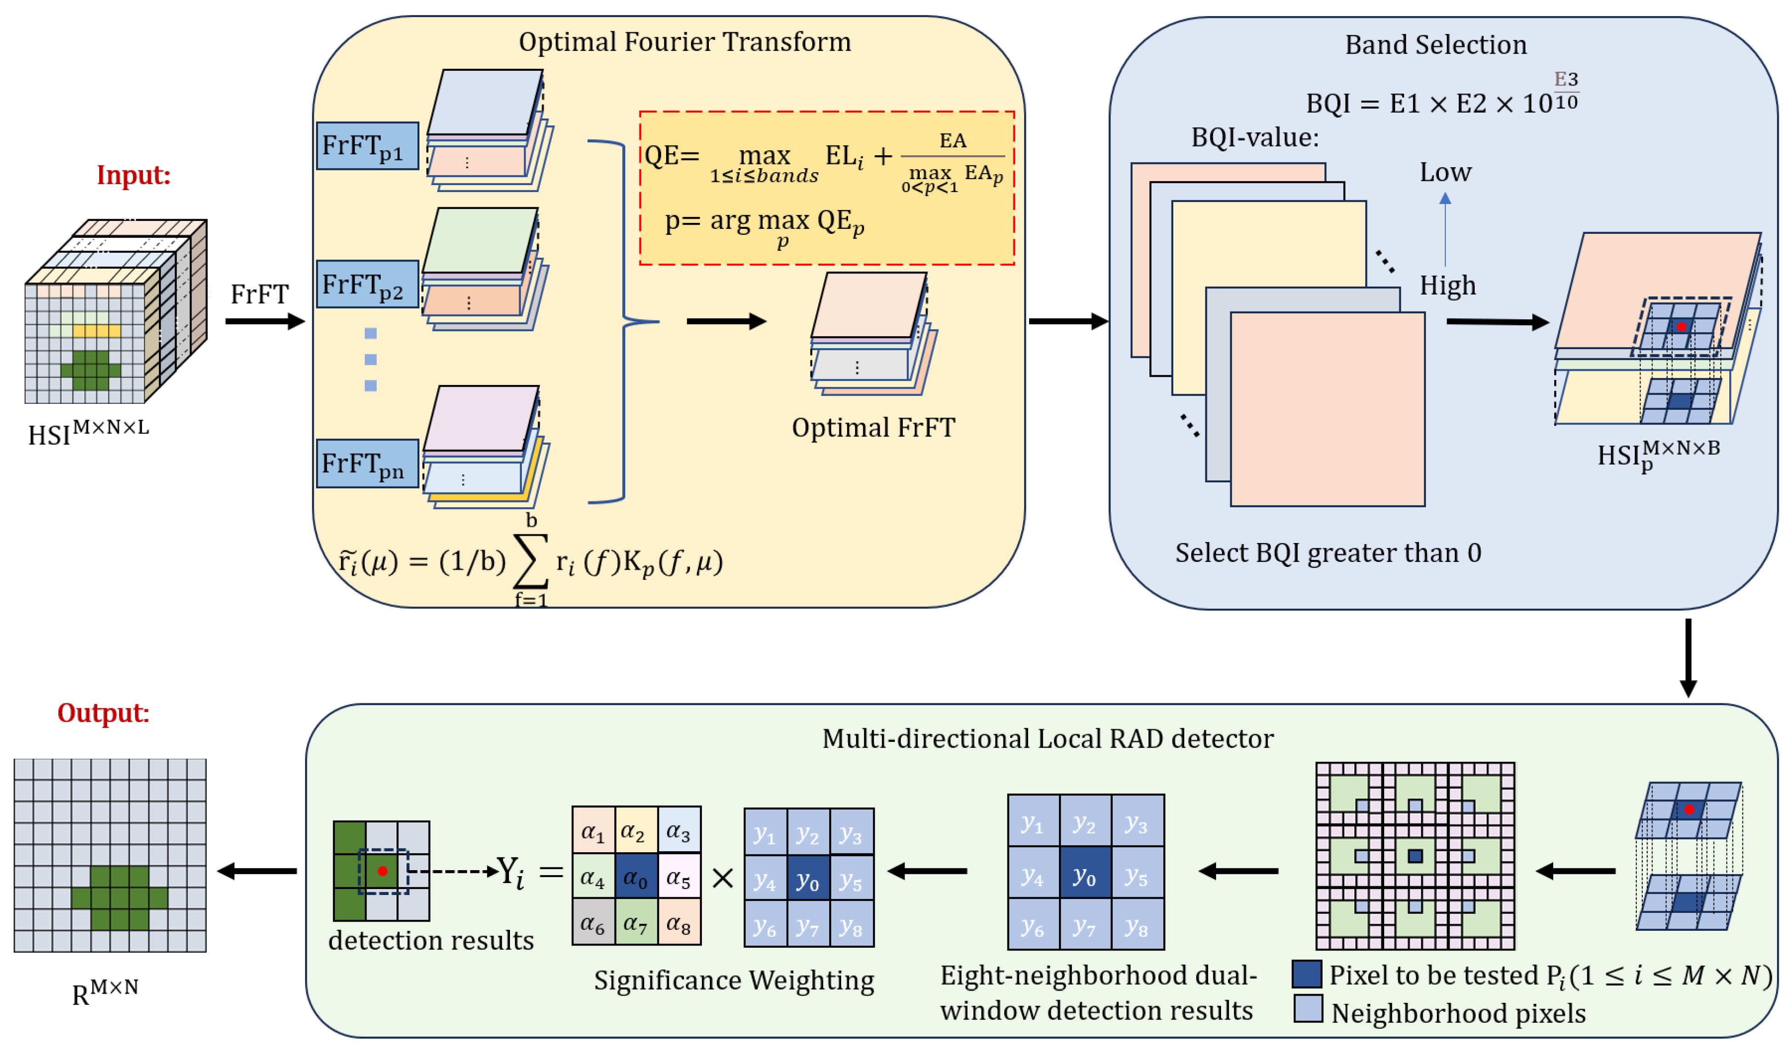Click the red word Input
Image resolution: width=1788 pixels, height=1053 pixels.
click(x=133, y=175)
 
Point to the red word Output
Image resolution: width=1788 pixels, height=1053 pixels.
click(x=103, y=713)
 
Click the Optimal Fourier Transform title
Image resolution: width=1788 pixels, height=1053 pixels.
click(x=685, y=42)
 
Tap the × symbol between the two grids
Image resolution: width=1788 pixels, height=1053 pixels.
click(x=722, y=878)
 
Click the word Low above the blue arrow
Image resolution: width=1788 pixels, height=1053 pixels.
click(x=1444, y=172)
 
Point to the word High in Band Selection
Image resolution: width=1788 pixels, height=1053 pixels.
click(x=1448, y=285)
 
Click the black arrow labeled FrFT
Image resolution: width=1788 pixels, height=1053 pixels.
click(x=265, y=322)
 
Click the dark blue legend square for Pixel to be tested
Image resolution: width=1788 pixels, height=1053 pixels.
click(x=1306, y=975)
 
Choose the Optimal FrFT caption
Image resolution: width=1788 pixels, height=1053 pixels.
click(x=873, y=428)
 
